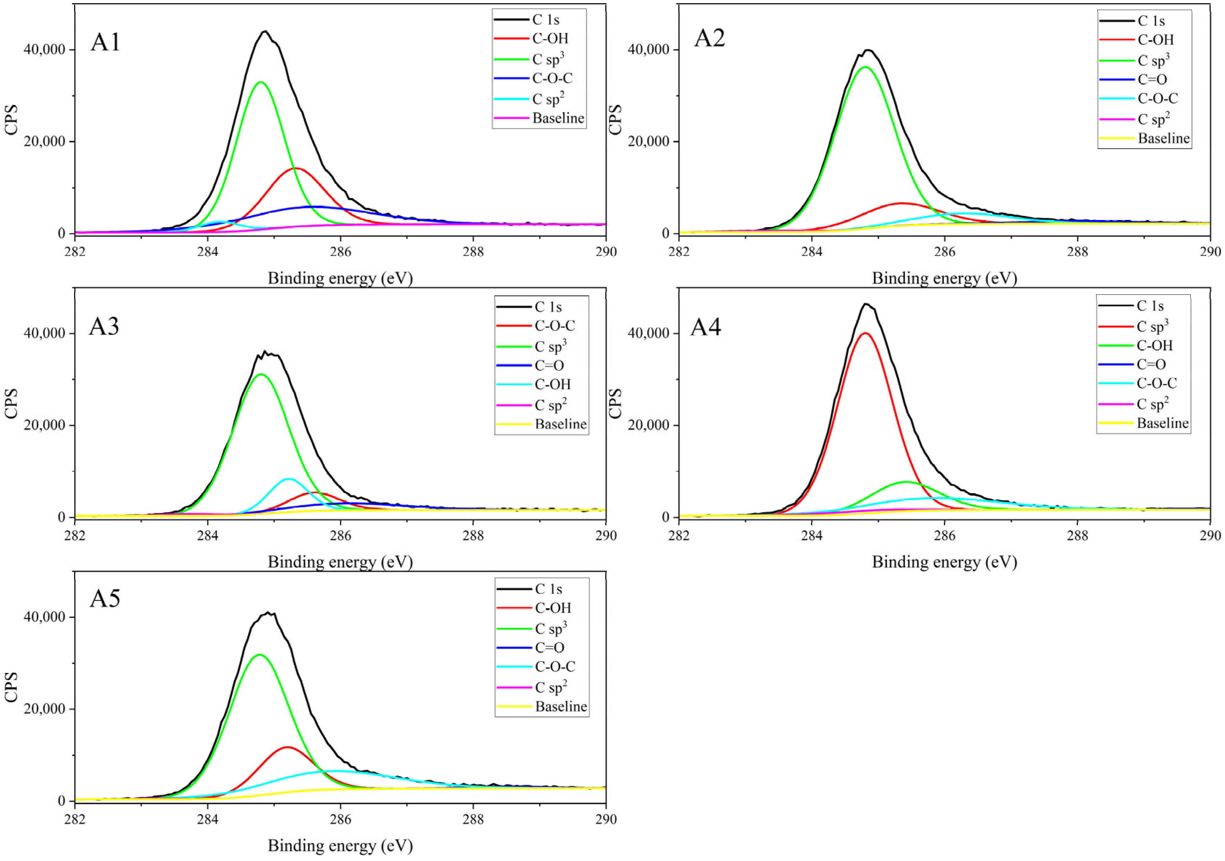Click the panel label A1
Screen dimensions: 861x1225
point(105,42)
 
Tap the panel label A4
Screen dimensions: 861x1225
point(705,327)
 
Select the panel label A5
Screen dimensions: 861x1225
point(105,599)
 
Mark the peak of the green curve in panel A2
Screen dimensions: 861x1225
point(865,67)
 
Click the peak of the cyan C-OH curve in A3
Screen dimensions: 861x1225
point(289,479)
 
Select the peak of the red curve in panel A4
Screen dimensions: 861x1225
point(865,333)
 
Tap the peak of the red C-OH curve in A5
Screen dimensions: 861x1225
point(288,747)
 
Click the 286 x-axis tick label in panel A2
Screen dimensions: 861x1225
point(944,252)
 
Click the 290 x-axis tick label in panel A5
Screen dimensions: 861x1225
point(606,819)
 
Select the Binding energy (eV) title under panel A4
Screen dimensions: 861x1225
point(944,562)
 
